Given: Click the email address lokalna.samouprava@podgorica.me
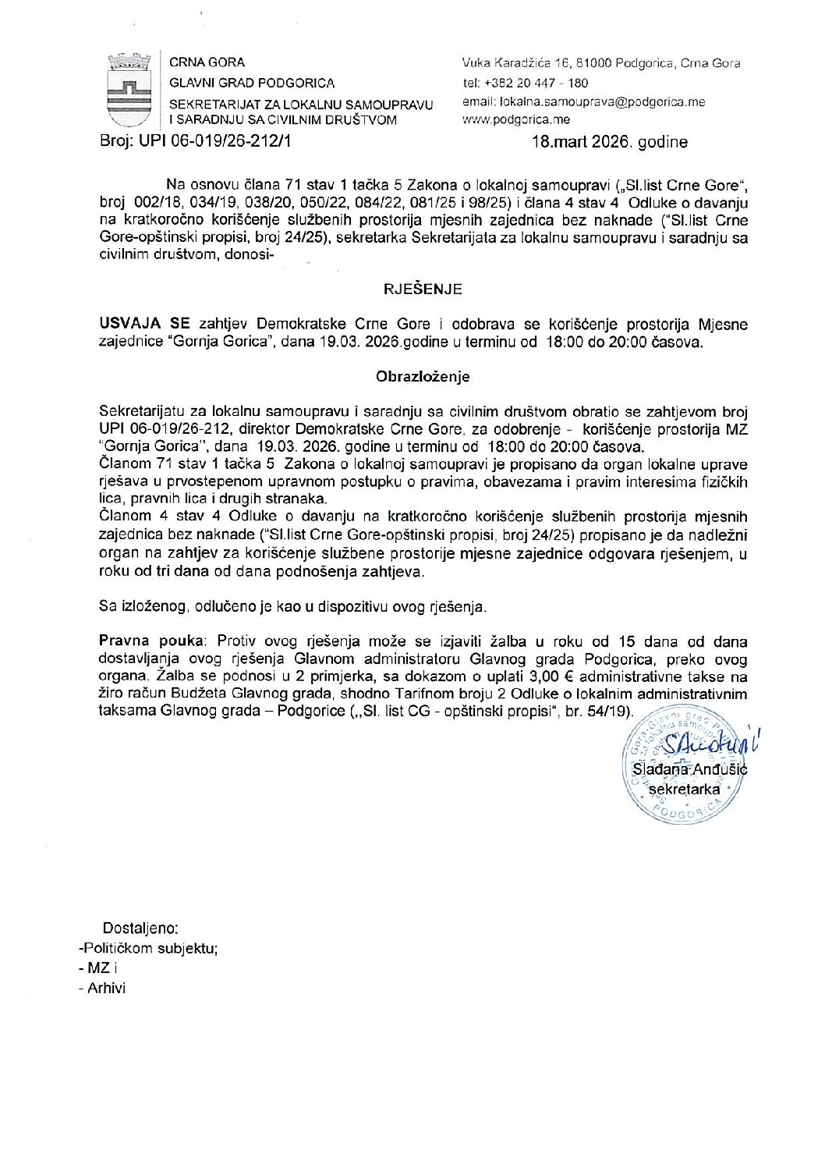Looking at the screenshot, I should click(583, 101).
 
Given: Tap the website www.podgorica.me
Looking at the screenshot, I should click(516, 120).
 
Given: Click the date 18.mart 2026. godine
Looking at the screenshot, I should click(609, 142).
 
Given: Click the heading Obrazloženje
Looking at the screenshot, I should click(423, 377).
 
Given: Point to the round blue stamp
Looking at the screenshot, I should click(682, 765).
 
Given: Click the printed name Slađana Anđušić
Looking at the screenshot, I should click(689, 769).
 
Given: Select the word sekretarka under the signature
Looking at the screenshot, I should click(684, 789).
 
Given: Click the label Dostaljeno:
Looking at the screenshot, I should click(140, 928).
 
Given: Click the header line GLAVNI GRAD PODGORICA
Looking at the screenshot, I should click(252, 83).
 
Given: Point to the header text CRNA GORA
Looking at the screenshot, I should click(207, 62).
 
